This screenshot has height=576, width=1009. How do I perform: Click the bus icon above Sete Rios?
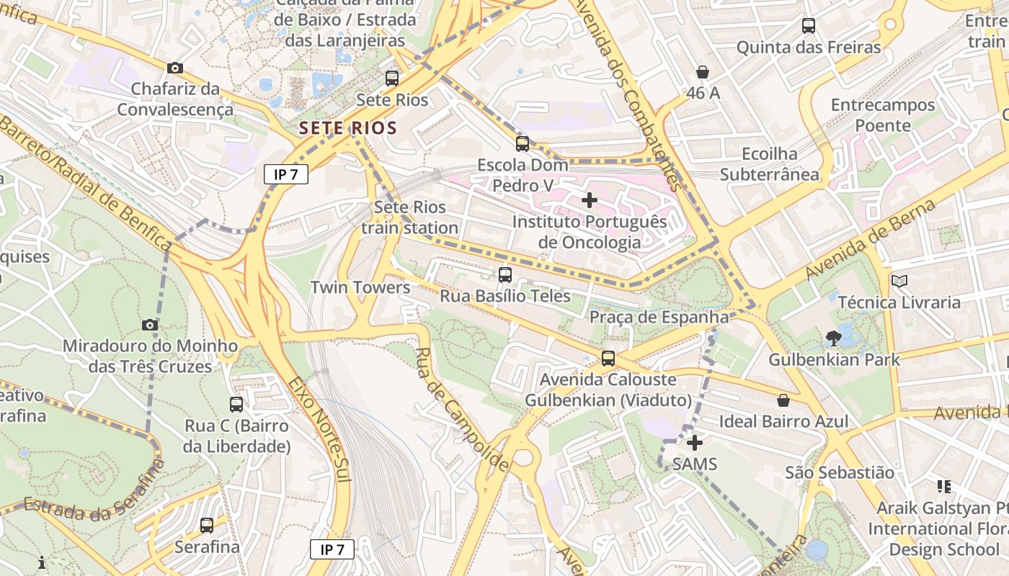point(392,78)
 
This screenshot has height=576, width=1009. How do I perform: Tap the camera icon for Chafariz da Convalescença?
point(174,68)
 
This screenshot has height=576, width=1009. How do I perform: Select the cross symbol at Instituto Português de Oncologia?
point(590,200)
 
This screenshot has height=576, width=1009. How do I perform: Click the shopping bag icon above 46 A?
point(703,72)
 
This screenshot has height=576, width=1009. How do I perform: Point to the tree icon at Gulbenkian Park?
point(834,338)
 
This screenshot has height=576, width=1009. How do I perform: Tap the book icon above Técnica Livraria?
point(899,281)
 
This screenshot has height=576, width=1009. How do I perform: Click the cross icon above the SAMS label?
point(695,443)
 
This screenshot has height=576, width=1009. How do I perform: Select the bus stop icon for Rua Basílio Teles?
point(505,274)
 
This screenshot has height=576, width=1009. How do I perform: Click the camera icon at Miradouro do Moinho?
point(150,325)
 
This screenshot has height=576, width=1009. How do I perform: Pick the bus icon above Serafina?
point(207,526)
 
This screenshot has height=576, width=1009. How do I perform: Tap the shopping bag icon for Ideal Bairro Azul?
point(783,400)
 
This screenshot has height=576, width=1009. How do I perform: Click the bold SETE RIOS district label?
point(348,129)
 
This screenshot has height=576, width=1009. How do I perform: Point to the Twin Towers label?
point(360,287)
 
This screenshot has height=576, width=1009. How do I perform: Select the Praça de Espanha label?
point(659,317)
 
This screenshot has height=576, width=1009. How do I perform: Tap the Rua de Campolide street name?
point(462,410)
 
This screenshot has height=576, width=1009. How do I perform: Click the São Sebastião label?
point(839,472)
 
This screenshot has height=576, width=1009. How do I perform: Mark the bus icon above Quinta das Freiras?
point(809,26)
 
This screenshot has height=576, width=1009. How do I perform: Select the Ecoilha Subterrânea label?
point(769,164)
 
